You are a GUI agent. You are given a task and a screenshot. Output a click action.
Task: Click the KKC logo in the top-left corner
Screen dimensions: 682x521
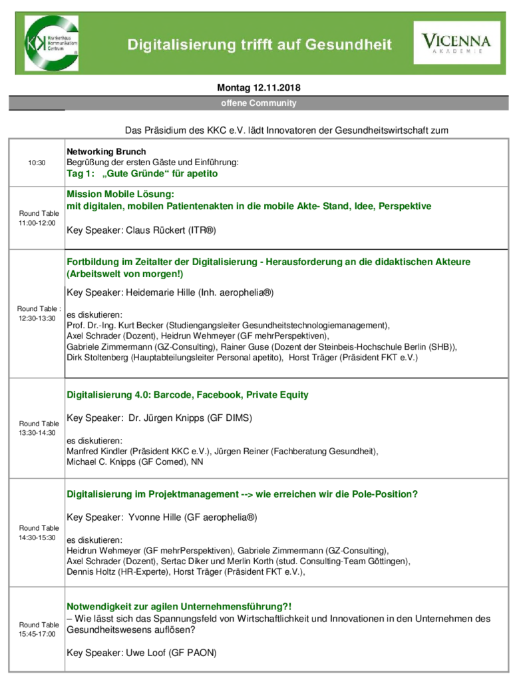(52, 43)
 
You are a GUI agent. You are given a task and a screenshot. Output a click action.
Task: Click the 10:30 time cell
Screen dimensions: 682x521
(37, 163)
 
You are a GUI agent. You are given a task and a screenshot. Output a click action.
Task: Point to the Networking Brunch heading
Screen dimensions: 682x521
(106, 152)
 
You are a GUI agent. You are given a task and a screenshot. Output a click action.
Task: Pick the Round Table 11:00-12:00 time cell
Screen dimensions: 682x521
(37, 218)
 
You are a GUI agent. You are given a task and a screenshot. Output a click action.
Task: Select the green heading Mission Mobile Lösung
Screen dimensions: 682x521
(120, 194)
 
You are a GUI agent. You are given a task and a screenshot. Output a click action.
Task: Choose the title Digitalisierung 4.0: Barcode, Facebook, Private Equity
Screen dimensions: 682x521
(187, 395)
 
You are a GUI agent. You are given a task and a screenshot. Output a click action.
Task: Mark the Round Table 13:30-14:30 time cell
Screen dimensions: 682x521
(37, 428)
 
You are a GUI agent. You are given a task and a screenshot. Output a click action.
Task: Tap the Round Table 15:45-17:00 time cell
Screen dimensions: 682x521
(37, 629)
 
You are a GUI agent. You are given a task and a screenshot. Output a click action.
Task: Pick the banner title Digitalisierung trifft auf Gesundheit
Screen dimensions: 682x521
(260, 45)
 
